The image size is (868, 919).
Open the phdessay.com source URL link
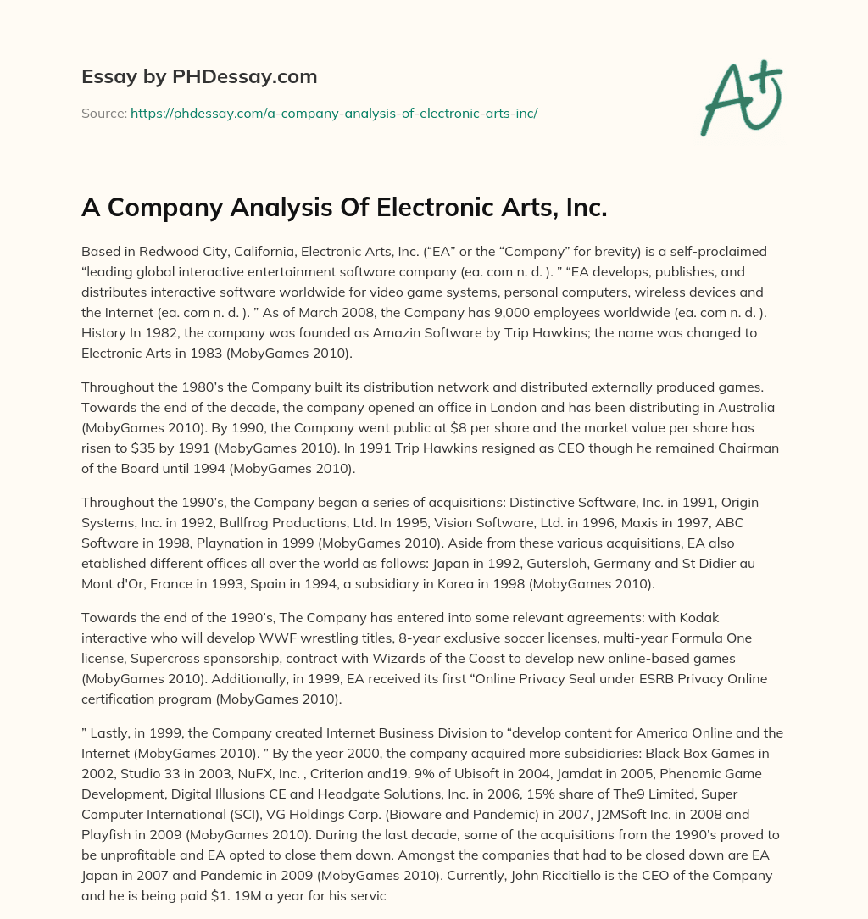[334, 112]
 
